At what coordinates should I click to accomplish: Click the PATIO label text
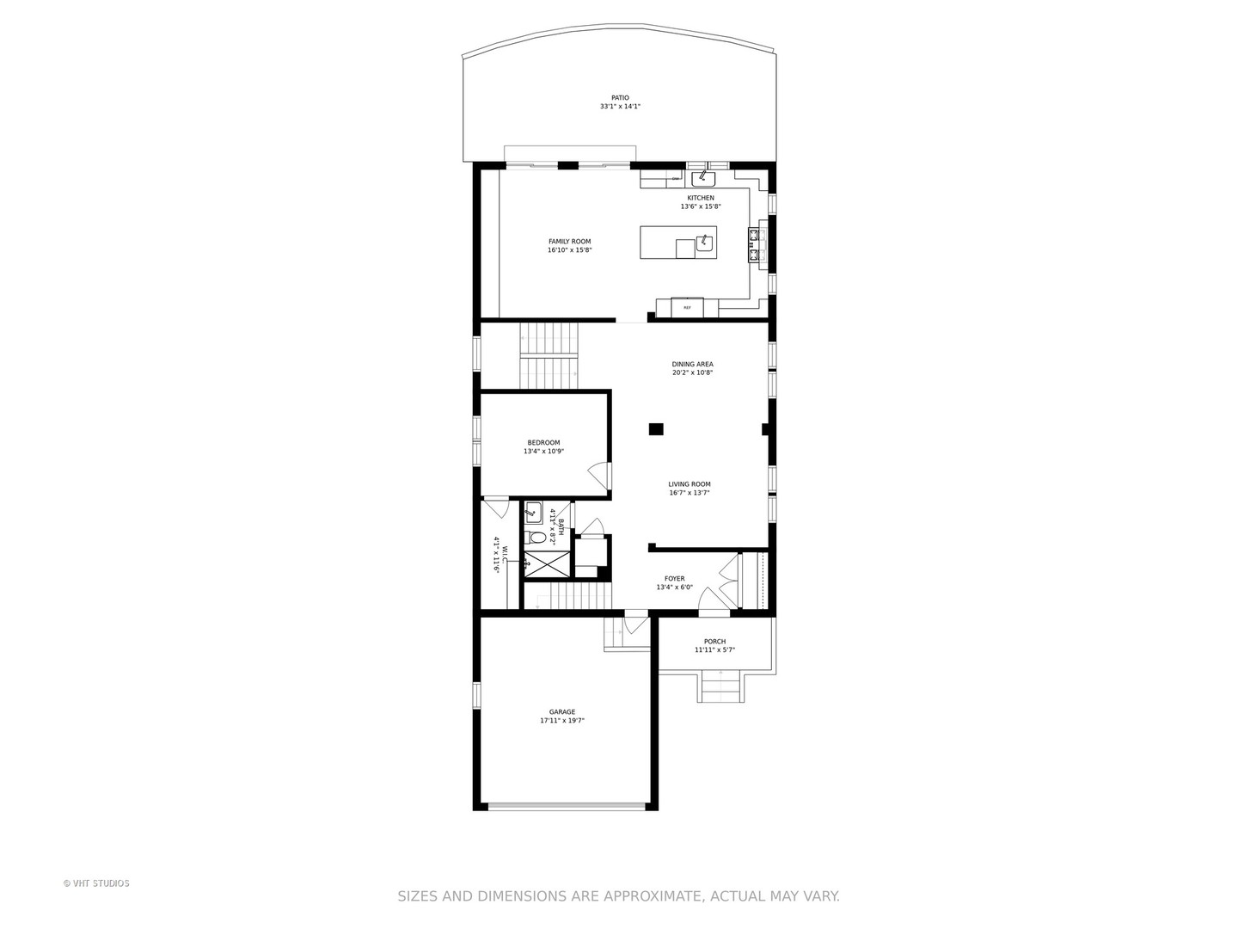coord(620,98)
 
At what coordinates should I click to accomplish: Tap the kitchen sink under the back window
coord(703,179)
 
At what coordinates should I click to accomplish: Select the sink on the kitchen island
coord(705,243)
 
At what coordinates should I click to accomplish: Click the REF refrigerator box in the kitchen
coord(687,307)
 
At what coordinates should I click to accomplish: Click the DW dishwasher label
coord(676,179)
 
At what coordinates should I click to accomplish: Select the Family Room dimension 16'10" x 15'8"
coord(569,250)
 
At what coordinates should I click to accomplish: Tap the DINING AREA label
coord(692,364)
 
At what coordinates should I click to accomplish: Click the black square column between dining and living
coord(656,428)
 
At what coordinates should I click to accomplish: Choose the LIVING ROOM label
coord(689,484)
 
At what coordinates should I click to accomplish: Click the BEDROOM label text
coord(543,443)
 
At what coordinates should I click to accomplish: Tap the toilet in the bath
coord(537,538)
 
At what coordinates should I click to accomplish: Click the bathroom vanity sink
coord(533,512)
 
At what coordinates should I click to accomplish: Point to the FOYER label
coord(674,579)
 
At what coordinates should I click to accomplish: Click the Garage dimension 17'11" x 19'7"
coord(562,722)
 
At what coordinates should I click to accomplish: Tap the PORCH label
coord(714,642)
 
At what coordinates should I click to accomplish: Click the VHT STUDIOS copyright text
coord(96,883)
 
